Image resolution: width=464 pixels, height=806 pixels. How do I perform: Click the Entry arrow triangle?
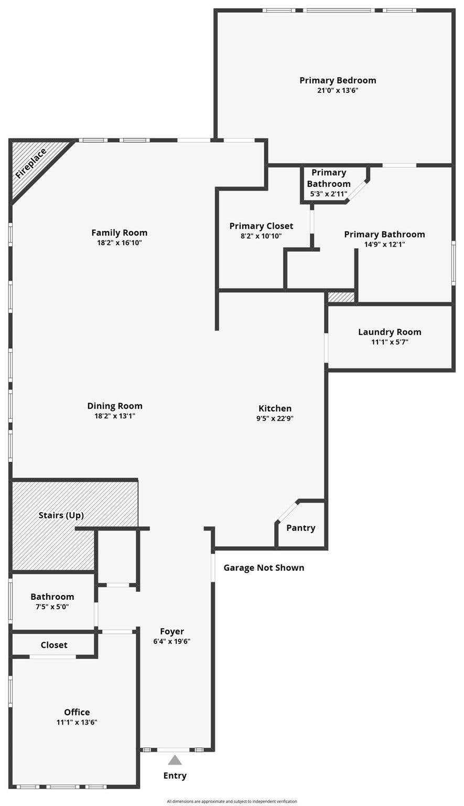pyautogui.click(x=175, y=760)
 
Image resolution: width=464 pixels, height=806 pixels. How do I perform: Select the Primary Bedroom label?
pyautogui.click(x=338, y=80)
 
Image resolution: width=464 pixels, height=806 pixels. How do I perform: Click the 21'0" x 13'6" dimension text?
pyautogui.click(x=338, y=90)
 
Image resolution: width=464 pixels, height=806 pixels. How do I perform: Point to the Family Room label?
pyautogui.click(x=120, y=233)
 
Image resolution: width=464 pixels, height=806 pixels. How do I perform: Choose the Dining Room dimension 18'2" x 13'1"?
pyautogui.click(x=115, y=416)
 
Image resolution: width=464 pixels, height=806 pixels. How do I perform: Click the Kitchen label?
pyautogui.click(x=275, y=408)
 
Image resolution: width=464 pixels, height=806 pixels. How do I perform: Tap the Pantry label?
pyautogui.click(x=301, y=528)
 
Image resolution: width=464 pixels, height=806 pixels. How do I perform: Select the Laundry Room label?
pyautogui.click(x=390, y=332)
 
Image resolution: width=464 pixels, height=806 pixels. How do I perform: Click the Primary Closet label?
pyautogui.click(x=261, y=226)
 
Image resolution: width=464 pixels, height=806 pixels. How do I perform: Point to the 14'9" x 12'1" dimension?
pyautogui.click(x=385, y=245)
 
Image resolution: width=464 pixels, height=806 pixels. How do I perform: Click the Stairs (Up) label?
pyautogui.click(x=61, y=515)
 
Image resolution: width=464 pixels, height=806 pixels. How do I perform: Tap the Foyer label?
pyautogui.click(x=172, y=631)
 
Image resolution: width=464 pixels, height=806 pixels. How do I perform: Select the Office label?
pyautogui.click(x=77, y=712)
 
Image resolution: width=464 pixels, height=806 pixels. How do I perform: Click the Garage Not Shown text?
pyautogui.click(x=264, y=568)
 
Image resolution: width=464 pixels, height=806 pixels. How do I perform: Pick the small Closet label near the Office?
pyautogui.click(x=54, y=645)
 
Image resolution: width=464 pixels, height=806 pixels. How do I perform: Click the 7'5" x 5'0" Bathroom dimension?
pyautogui.click(x=52, y=607)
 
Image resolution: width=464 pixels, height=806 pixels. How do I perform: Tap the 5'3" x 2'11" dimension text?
pyautogui.click(x=329, y=194)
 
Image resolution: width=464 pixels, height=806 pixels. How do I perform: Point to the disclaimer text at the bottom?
pyautogui.click(x=232, y=801)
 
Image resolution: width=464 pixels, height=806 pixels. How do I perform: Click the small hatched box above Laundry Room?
pyautogui.click(x=341, y=297)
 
